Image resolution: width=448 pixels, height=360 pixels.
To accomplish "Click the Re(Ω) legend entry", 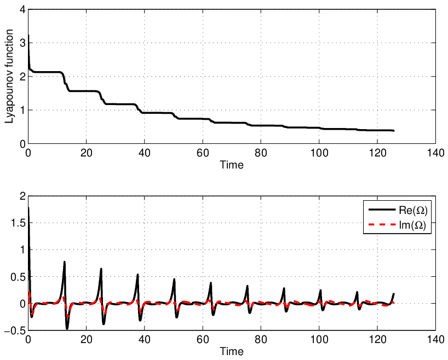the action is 398,210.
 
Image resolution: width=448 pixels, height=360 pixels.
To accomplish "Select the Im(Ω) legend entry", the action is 398,225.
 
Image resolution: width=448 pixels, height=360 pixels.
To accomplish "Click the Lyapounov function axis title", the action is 9,77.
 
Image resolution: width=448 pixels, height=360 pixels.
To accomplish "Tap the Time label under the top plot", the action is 232,165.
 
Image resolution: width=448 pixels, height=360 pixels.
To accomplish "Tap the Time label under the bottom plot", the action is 232,351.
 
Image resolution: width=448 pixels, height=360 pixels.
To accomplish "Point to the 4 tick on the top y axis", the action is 22,10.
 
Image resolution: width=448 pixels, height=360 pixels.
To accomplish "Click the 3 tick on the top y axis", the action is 22,43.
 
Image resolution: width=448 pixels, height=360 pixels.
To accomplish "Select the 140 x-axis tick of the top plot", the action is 435,153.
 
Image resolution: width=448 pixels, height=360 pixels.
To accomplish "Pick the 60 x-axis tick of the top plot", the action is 203,153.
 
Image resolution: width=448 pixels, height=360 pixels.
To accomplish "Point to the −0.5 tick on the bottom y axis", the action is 15,330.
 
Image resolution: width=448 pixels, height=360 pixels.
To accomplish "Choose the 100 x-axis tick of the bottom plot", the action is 319,339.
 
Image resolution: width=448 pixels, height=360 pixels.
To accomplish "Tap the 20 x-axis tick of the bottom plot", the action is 86,339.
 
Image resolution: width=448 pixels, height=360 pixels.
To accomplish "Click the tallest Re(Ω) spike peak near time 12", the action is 65,262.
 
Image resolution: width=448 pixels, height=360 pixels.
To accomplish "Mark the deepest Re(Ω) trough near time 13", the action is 67,329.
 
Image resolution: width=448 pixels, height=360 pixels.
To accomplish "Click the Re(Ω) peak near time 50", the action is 174,279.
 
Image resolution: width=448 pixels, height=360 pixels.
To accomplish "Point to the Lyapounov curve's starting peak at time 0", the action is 28,36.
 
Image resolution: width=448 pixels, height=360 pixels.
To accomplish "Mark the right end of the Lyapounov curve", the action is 393,130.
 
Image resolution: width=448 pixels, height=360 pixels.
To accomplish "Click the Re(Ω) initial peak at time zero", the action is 28,208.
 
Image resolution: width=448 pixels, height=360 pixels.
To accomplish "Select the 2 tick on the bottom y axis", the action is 22,196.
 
